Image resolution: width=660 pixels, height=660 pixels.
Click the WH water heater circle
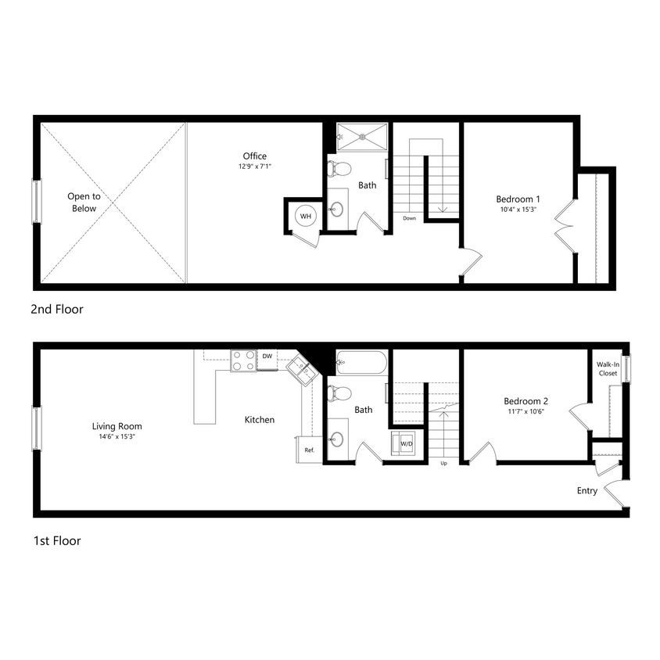tap(305, 216)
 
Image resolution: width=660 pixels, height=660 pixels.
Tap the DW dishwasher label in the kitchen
tap(267, 357)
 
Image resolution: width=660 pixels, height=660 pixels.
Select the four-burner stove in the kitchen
tap(243, 360)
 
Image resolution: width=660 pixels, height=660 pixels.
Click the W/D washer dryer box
tap(407, 443)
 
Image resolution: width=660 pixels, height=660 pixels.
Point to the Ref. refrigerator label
tap(310, 450)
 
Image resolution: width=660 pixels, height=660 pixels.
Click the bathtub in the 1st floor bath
tap(360, 363)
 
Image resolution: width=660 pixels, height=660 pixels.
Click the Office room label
tap(255, 156)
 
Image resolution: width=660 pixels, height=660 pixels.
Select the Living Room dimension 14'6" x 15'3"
tap(117, 437)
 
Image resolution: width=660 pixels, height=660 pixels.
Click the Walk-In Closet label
tap(607, 369)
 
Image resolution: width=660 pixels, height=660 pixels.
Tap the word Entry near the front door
tap(586, 491)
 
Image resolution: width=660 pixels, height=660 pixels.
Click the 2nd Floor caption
tap(56, 310)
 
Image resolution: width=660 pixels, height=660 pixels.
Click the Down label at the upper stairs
tap(409, 218)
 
